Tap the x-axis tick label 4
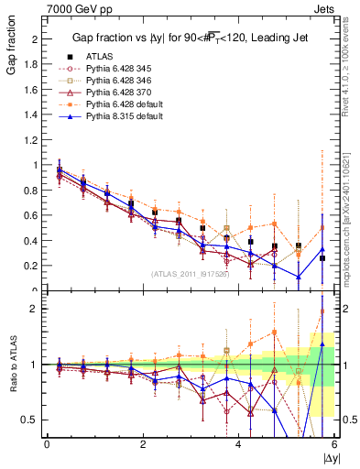(x=239, y=444)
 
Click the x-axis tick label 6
(x=334, y=444)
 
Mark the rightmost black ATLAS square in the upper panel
(x=322, y=258)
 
